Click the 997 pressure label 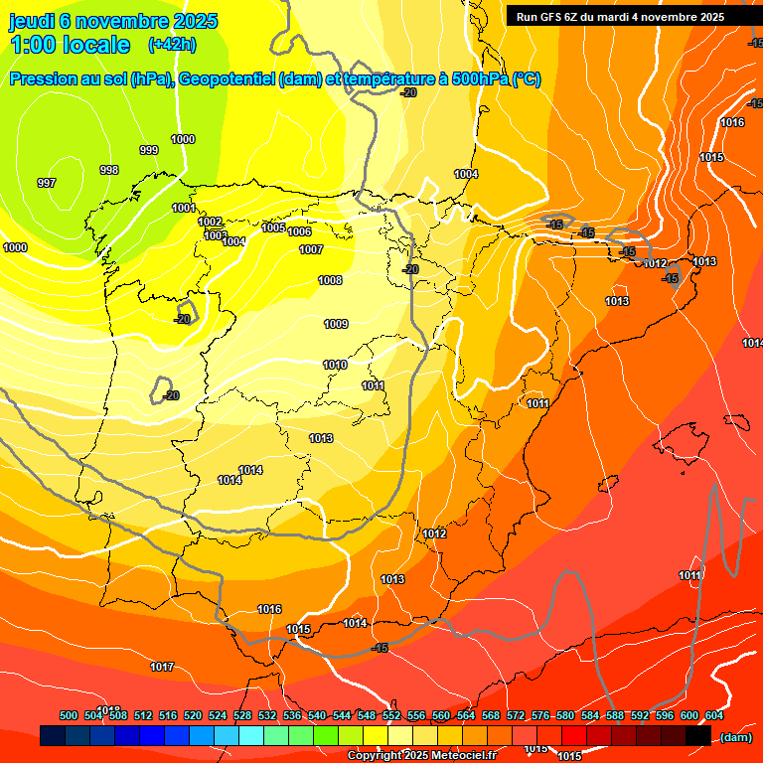click(x=46, y=183)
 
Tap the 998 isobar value click(x=109, y=170)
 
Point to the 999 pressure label click(x=148, y=150)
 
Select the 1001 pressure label click(x=183, y=208)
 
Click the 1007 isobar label click(x=311, y=249)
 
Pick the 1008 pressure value click(x=330, y=280)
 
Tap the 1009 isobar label click(x=336, y=324)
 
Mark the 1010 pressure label click(x=335, y=365)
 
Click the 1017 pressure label click(x=162, y=667)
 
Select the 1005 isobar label click(x=273, y=228)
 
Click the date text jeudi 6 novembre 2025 click(x=114, y=21)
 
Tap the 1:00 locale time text click(x=70, y=45)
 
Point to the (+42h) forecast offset click(x=171, y=45)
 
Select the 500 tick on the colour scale click(x=69, y=715)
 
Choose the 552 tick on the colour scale click(x=391, y=715)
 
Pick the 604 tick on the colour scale click(x=714, y=715)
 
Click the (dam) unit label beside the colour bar click(x=735, y=736)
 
